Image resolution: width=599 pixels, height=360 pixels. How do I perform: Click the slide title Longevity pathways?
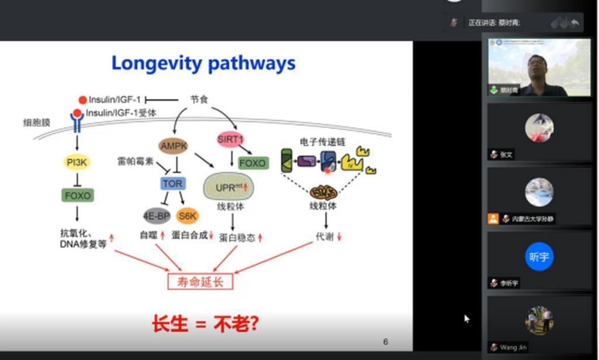tap(203, 63)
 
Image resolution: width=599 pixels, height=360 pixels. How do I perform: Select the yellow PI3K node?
tap(77, 162)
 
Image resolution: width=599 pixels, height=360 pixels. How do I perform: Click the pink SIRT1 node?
tap(230, 139)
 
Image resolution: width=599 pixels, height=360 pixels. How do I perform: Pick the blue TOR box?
tap(173, 184)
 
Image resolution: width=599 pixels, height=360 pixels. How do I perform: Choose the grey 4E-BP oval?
tap(156, 217)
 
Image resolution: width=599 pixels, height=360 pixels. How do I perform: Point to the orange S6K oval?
tap(188, 217)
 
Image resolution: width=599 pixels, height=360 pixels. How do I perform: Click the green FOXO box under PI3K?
tap(77, 196)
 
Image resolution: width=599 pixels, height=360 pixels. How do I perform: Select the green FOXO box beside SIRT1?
tap(253, 163)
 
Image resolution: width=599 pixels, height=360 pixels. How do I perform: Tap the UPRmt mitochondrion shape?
tap(229, 187)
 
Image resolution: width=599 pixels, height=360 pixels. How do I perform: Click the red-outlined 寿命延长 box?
tap(200, 282)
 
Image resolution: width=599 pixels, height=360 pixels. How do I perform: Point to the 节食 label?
tap(199, 100)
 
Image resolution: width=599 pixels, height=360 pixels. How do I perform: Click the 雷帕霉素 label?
tap(135, 161)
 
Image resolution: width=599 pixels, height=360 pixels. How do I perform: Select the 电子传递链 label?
tap(322, 142)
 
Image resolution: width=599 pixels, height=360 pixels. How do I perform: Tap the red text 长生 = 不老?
tap(205, 324)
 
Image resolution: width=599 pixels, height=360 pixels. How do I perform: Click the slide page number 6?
tap(385, 342)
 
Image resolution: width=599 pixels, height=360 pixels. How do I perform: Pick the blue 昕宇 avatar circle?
tap(539, 256)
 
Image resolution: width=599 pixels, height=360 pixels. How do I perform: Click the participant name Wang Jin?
tap(514, 347)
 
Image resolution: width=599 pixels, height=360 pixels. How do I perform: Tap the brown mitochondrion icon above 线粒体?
tap(323, 193)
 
